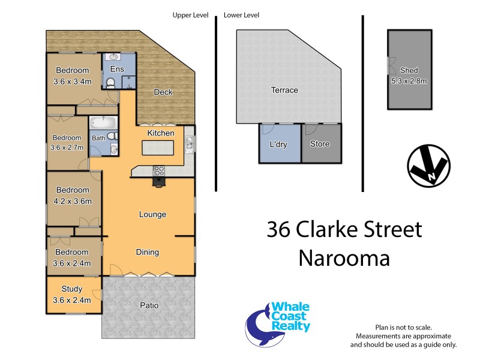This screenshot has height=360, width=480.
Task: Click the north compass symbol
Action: click(428, 166)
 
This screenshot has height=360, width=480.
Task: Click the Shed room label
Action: click(409, 70)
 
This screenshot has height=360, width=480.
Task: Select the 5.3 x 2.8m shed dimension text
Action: click(409, 81)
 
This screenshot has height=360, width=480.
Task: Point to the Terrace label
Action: click(284, 91)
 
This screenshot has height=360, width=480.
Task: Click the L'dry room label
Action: click(278, 144)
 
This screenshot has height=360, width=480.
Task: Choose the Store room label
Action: click(320, 144)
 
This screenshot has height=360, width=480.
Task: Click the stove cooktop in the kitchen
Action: click(159, 169)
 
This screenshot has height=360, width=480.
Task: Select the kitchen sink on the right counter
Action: click(190, 142)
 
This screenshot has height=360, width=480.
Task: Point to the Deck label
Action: click(163, 92)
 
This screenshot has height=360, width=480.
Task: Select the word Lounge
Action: click(152, 214)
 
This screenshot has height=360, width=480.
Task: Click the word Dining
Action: click(147, 253)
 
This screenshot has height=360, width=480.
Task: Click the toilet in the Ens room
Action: click(110, 83)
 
